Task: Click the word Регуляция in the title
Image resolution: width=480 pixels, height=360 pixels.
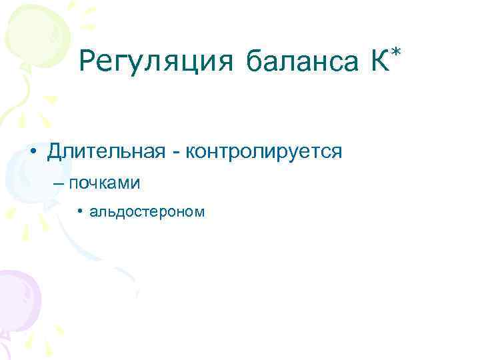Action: tap(155, 63)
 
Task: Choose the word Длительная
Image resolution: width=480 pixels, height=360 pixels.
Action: tap(106, 152)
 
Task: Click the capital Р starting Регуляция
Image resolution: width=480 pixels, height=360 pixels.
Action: tap(87, 63)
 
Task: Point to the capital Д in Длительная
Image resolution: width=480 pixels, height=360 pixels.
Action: tap(56, 152)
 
